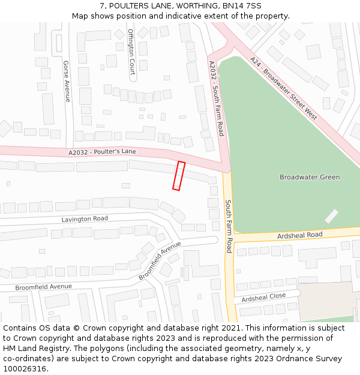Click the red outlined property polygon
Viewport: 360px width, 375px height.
coord(178,176)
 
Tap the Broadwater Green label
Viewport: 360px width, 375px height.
coord(310,177)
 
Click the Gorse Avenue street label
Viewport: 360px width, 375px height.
coord(67,81)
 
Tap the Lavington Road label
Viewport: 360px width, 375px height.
coord(85,219)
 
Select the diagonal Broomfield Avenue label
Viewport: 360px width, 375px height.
coord(160,260)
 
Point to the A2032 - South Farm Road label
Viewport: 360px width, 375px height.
coord(216,98)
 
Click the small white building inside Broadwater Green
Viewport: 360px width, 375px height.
coord(331,216)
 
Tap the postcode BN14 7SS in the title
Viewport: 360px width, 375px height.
coord(242,5)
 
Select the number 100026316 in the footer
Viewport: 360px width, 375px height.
coord(25,369)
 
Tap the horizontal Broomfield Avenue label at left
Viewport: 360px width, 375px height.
coord(43,287)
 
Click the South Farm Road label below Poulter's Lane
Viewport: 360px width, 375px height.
coord(229,226)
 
